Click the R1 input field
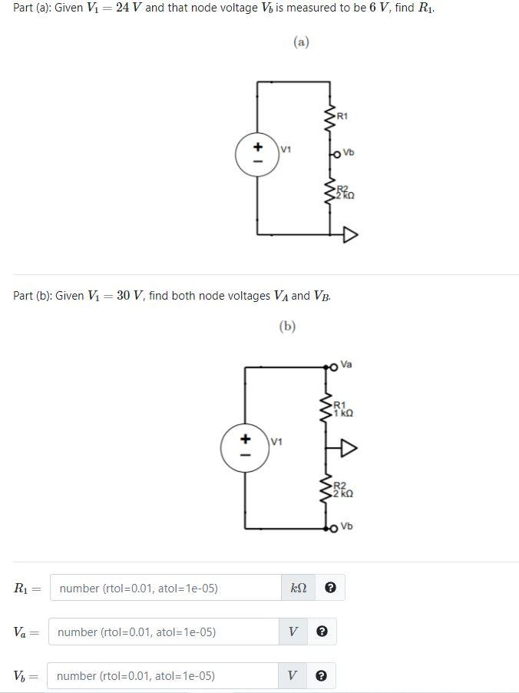coord(166,589)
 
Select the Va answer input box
coord(164,632)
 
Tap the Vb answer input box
coord(163,676)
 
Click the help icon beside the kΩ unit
coord(330,589)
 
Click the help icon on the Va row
coord(322,632)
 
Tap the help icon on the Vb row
coord(322,676)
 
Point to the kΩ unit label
coord(298,589)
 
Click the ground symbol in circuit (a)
coord(350,234)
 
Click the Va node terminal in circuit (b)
coord(332,366)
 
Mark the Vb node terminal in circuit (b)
coord(332,528)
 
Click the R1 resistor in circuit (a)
coord(331,118)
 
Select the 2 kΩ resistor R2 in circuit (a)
coord(331,192)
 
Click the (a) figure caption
coord(301,42)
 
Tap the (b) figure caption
coord(287,327)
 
